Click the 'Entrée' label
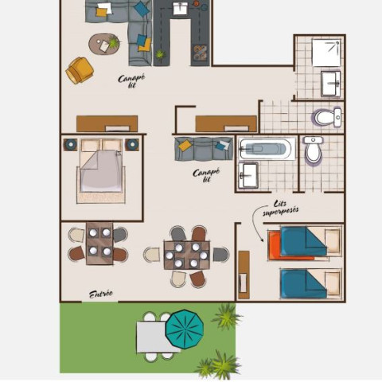[101, 294]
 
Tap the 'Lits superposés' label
[281, 209]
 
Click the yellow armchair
[80, 70]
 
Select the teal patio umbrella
[185, 329]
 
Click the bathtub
[267, 149]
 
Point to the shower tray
[326, 53]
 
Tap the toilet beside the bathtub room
[313, 150]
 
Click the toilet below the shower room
[327, 117]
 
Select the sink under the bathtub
[248, 175]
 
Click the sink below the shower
[330, 84]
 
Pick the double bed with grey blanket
[101, 170]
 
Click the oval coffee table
[104, 44]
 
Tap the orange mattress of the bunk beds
[289, 245]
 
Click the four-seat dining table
[99, 244]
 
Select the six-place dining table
[187, 255]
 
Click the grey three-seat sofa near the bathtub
[204, 149]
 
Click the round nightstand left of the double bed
[71, 145]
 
